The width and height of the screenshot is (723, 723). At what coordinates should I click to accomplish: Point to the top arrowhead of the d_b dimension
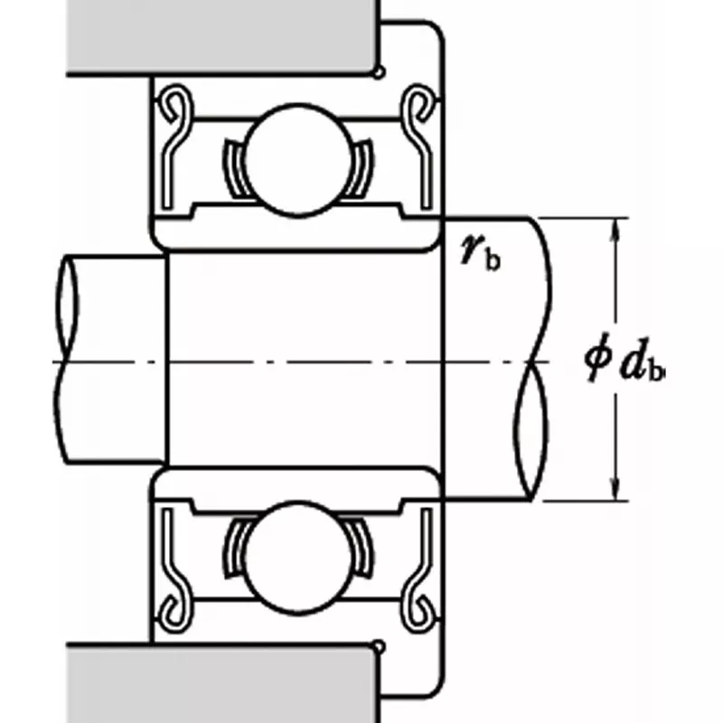pos(616,225)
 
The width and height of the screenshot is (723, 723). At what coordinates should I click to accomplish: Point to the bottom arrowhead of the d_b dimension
pos(616,493)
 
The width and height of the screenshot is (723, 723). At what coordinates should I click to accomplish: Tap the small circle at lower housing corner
pos(380,645)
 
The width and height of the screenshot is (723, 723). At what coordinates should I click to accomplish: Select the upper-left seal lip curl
pos(177,104)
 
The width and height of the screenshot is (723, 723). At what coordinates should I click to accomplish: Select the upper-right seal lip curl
pos(417,104)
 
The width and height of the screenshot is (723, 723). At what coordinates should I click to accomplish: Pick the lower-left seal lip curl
pos(177,615)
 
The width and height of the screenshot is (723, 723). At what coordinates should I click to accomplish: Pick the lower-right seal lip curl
pos(417,615)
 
